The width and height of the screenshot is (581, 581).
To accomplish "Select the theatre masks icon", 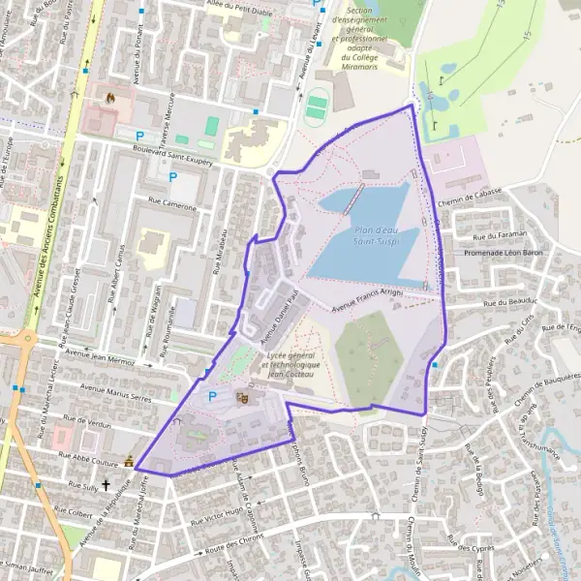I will click(242, 397).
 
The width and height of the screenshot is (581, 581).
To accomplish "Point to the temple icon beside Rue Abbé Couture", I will click(128, 462).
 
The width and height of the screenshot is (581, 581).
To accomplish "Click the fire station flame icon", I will click(108, 98).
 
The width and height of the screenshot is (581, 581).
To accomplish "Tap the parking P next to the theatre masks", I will click(212, 396).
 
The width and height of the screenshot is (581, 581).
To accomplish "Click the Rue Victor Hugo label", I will click(221, 511).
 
